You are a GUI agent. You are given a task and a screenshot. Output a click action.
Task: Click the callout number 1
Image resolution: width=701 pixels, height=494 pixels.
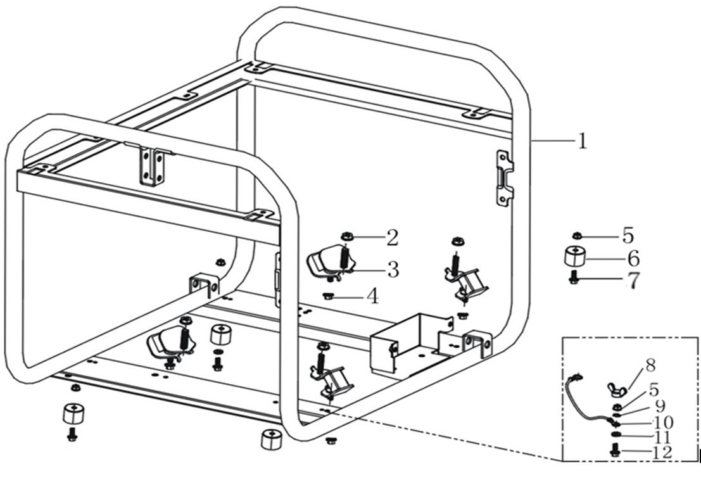pyautogui.click(x=582, y=141)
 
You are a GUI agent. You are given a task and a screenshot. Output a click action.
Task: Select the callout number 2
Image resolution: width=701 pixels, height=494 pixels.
pyautogui.click(x=392, y=238)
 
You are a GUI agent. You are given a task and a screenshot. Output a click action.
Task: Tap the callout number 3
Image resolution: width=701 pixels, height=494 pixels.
pyautogui.click(x=393, y=270)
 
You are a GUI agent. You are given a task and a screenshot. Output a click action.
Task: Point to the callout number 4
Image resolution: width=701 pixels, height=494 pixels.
pyautogui.click(x=373, y=295)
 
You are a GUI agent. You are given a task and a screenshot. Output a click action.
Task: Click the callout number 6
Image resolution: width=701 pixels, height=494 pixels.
pyautogui.click(x=633, y=258)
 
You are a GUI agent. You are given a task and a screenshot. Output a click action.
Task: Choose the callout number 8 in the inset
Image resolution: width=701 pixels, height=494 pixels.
pyautogui.click(x=650, y=365)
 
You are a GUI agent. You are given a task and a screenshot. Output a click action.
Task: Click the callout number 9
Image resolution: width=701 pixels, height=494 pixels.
pyautogui.click(x=660, y=405)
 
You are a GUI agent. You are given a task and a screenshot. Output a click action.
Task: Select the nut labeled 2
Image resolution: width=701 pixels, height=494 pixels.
pyautogui.click(x=346, y=236)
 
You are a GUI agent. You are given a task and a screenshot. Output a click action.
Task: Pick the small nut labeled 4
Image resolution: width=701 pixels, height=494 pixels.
pyautogui.click(x=327, y=294)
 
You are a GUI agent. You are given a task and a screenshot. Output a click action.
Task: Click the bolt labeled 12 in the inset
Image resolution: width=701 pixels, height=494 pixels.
pyautogui.click(x=613, y=450)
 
